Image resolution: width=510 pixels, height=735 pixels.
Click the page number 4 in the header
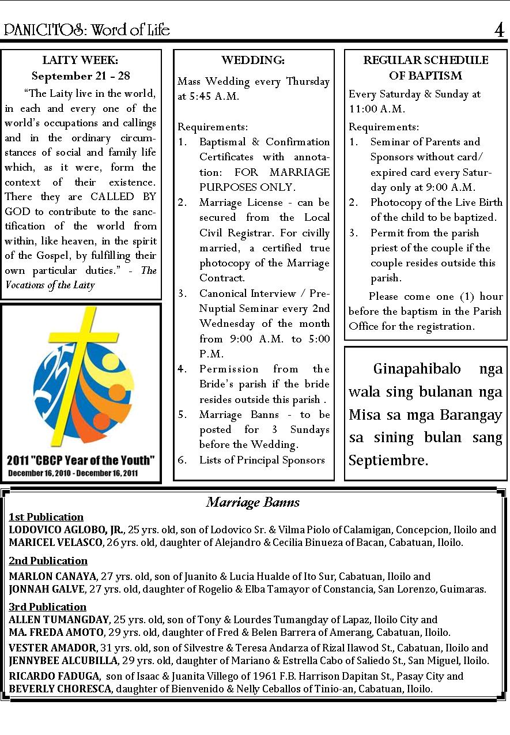(x=499, y=29)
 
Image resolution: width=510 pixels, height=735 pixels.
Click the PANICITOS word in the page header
(x=44, y=30)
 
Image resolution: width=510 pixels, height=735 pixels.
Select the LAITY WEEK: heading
(x=80, y=60)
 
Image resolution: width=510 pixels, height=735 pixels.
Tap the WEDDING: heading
(x=253, y=60)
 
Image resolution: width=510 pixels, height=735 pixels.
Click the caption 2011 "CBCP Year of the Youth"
(x=81, y=460)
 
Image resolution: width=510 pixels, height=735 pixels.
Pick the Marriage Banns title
(x=253, y=502)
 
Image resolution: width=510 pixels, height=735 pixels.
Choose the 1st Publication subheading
(x=46, y=517)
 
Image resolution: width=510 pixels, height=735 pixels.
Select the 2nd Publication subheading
(x=48, y=561)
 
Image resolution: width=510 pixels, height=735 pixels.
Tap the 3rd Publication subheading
(x=47, y=606)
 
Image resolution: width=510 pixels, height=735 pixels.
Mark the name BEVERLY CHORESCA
(x=60, y=689)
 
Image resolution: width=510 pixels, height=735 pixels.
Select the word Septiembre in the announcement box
(x=388, y=461)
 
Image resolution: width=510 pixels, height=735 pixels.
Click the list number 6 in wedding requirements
(x=182, y=460)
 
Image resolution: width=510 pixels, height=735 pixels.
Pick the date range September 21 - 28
(x=81, y=76)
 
